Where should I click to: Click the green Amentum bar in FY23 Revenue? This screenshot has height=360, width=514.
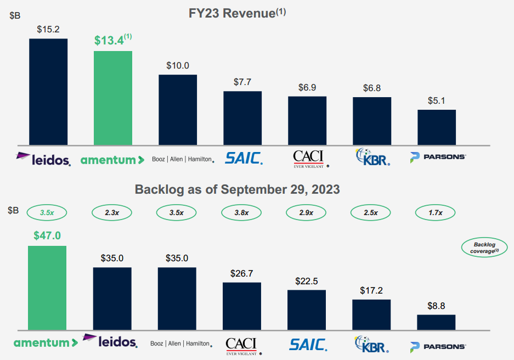coord(113,97)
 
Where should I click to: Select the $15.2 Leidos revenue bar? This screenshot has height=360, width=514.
coord(48,91)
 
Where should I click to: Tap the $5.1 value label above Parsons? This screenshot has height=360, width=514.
coord(437,101)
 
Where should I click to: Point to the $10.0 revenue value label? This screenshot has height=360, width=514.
coord(178,65)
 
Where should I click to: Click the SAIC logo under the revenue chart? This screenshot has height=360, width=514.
coord(244,159)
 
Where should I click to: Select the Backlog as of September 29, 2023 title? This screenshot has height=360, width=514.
coord(237,190)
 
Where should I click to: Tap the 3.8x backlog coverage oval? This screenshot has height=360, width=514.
coord(242,212)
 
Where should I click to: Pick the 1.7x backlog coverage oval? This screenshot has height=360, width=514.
coord(436,212)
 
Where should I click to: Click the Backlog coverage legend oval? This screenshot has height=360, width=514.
coord(482,248)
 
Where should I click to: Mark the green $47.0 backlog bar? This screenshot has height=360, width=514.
coord(47,288)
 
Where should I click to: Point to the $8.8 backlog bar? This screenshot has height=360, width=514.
coord(436,322)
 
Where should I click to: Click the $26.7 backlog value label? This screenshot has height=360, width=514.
coord(242,273)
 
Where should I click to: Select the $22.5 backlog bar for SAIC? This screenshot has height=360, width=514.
coord(307,310)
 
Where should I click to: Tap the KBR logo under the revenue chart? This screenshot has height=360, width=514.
coord(372,157)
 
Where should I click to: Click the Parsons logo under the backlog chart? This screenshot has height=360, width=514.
coord(437,346)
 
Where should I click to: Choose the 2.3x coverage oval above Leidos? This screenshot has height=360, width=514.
coord(112,212)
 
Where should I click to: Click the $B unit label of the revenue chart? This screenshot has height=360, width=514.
coord(15,16)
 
